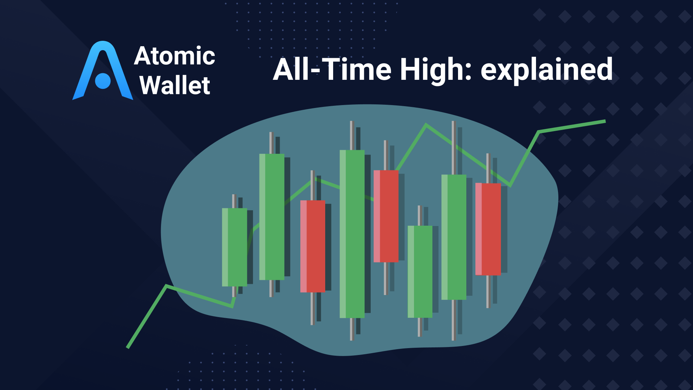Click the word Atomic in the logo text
click(x=174, y=56)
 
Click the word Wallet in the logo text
click(x=175, y=86)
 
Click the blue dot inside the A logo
click(x=103, y=81)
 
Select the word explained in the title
click(x=546, y=70)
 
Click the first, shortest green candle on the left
click(x=235, y=247)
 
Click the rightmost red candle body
click(x=488, y=229)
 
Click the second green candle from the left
click(x=272, y=217)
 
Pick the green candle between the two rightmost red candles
click(x=454, y=237)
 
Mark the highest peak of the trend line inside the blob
click(x=426, y=125)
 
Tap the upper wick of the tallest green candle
click(x=352, y=135)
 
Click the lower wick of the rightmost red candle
click(x=488, y=291)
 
